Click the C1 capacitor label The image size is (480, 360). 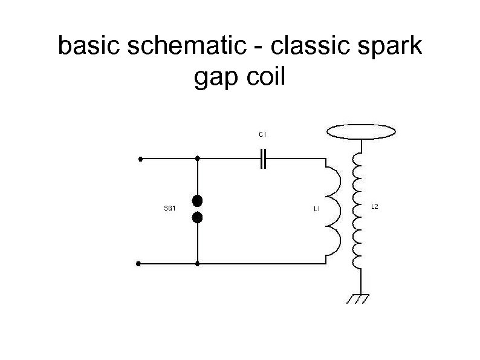tap(262, 134)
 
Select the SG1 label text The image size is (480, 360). tap(170, 209)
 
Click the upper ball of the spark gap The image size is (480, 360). tap(197, 200)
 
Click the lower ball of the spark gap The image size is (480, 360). tap(197, 217)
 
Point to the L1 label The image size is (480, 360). tap(317, 209)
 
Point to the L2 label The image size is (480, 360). tap(374, 207)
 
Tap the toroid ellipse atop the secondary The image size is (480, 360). tap(361, 131)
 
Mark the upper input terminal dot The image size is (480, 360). tap(140, 159)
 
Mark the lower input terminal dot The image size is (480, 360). tap(139, 264)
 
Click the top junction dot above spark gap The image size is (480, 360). tap(198, 159)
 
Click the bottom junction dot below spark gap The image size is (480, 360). tap(198, 264)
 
